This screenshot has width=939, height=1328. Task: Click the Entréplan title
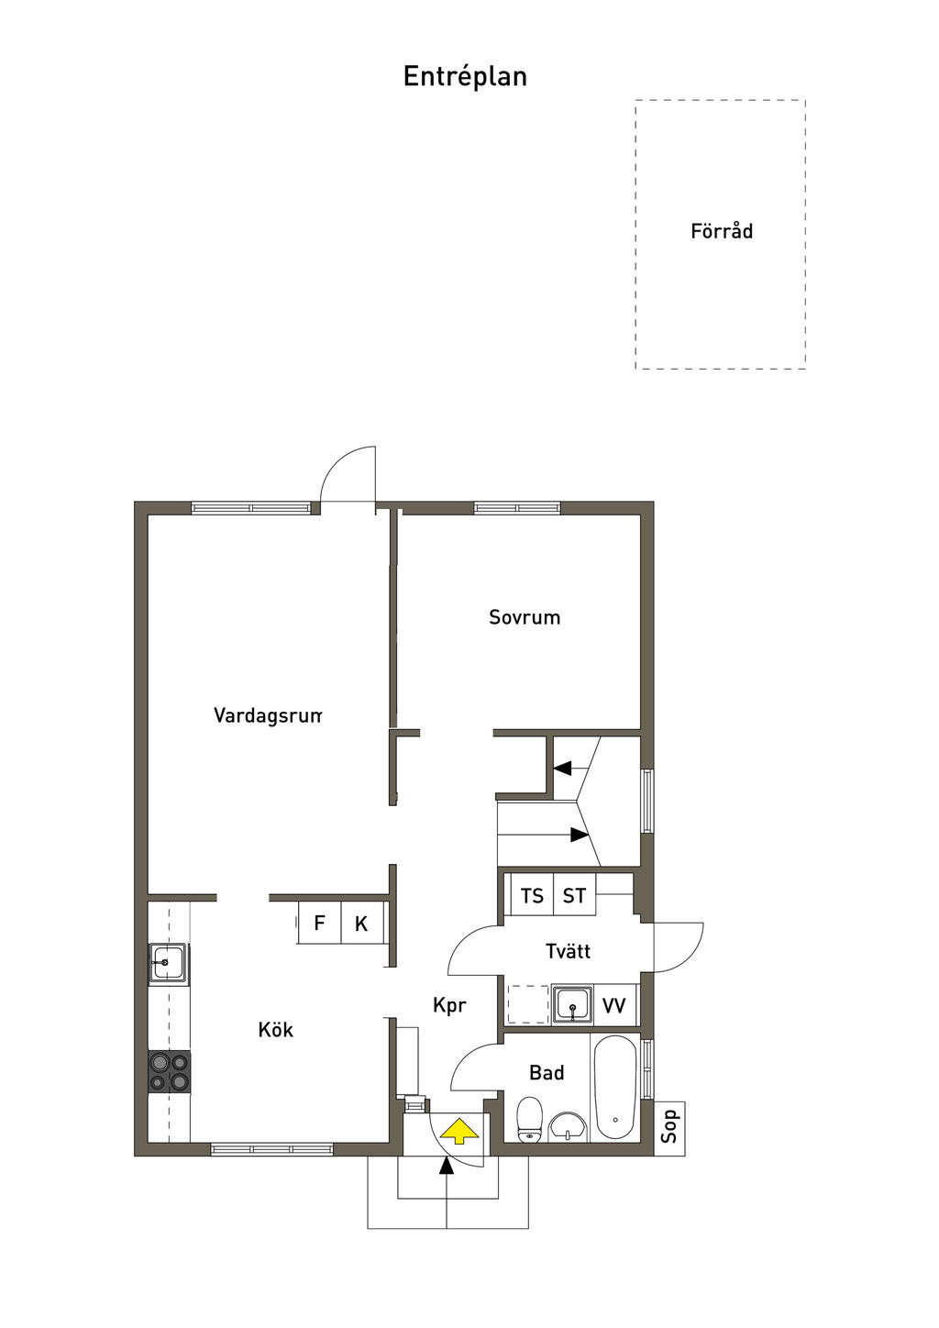(x=465, y=77)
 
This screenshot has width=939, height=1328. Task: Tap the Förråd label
(x=722, y=230)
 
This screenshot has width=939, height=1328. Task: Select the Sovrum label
(x=525, y=617)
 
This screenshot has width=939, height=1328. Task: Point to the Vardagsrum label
(x=268, y=715)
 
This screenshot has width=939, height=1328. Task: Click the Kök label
(x=276, y=1029)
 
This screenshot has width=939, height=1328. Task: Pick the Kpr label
(x=449, y=1005)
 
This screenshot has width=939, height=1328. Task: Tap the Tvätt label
(x=568, y=951)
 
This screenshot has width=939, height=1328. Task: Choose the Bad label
(x=547, y=1072)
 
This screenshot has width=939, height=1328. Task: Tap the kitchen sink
(x=169, y=963)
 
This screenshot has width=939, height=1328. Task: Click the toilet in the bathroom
(x=529, y=1119)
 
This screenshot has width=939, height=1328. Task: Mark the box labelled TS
(x=532, y=895)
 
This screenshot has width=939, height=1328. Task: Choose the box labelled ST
(x=574, y=895)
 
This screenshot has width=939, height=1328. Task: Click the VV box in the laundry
(x=614, y=1005)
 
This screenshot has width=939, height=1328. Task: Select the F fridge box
(x=319, y=923)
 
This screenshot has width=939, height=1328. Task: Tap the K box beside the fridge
(x=361, y=923)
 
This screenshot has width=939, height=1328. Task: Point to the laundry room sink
(x=572, y=1005)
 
